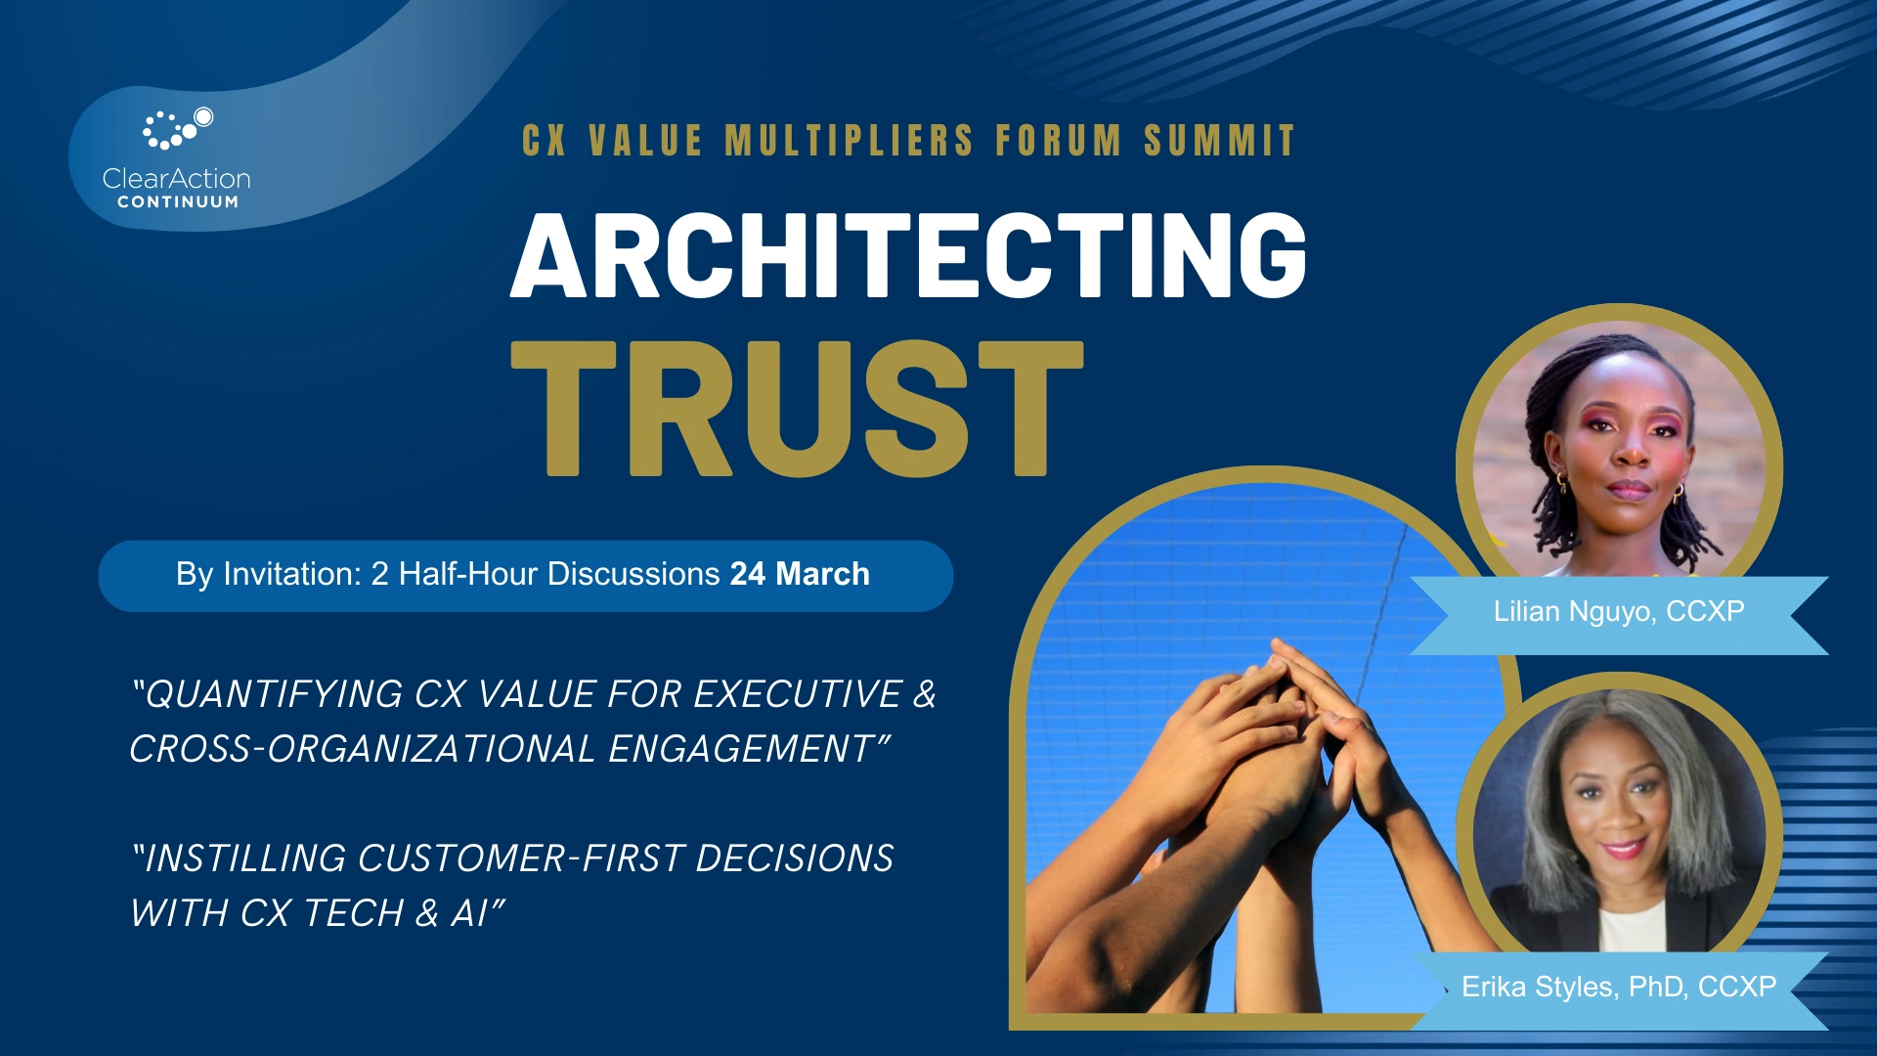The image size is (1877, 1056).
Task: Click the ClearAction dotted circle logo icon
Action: [x=176, y=128]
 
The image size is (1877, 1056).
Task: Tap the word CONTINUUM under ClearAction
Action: [x=178, y=202]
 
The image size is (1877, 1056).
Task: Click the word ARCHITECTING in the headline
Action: [x=908, y=255]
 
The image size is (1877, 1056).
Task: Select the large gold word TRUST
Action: [x=797, y=409]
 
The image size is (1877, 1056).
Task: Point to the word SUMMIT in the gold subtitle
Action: [x=1220, y=141]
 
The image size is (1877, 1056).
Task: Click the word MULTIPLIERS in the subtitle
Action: [x=849, y=141]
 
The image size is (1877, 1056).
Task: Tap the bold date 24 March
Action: [x=800, y=574]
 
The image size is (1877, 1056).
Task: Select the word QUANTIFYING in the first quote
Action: [x=273, y=694]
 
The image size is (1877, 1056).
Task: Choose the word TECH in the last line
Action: [x=353, y=913]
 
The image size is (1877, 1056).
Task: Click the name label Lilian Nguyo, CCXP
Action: [x=1619, y=612]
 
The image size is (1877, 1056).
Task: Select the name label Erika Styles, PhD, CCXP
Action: [x=1619, y=988]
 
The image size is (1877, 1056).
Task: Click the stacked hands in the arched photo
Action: [x=1290, y=724]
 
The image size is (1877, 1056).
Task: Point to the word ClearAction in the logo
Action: [x=177, y=179]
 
